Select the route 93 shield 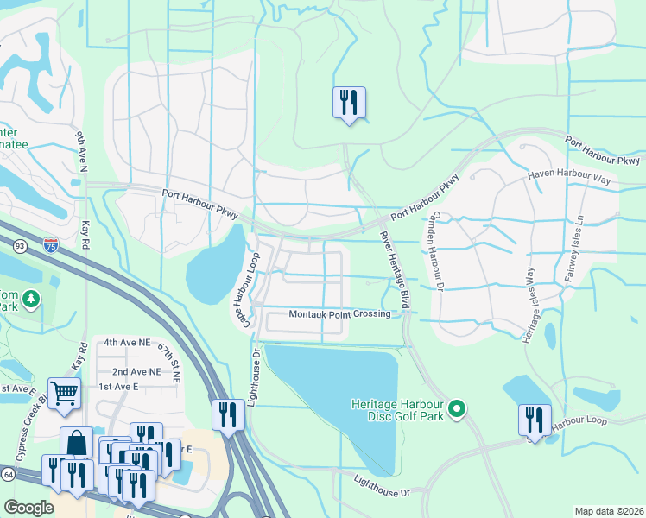point(20,247)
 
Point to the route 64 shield point(7,474)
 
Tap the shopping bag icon point(76,442)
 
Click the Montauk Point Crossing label point(339,314)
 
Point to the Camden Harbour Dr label point(438,250)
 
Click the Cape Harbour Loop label point(244,289)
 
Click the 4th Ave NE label point(122,342)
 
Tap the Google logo point(28,508)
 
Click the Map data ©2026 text point(608,511)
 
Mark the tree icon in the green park point(31,298)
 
